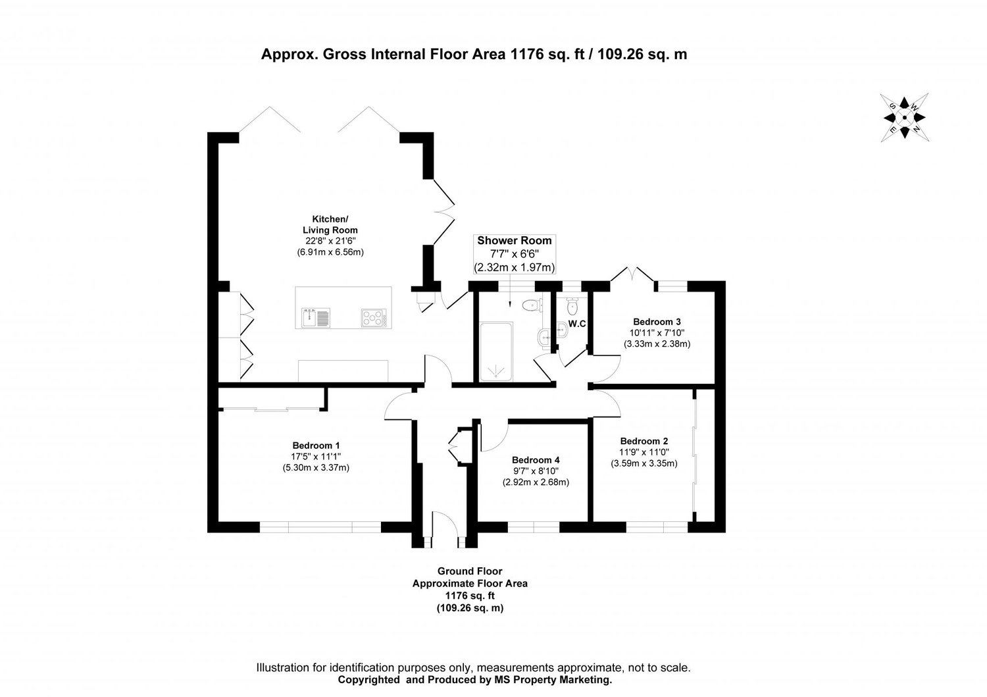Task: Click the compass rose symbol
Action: click(x=904, y=118)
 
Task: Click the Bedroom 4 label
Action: click(x=536, y=459)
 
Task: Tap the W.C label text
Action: click(x=577, y=324)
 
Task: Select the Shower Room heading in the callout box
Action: click(x=515, y=241)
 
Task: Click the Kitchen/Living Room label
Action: click(x=330, y=224)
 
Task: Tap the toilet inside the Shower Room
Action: click(x=531, y=305)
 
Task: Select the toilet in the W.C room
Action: click(x=572, y=305)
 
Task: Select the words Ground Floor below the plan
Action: click(x=469, y=571)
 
